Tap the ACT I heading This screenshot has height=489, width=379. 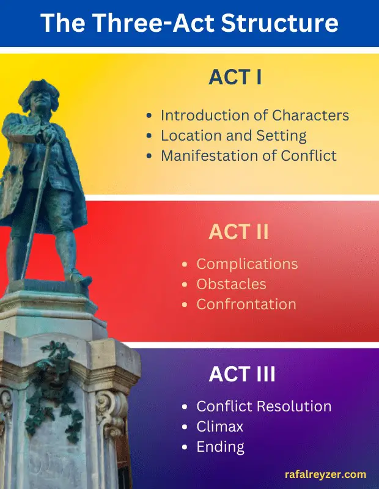point(235,77)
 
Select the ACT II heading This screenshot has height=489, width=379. point(238,232)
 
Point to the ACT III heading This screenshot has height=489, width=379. point(242,374)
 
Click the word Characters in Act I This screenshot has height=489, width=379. point(311,115)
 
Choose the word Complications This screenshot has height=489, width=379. point(247,265)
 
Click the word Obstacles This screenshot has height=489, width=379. point(231,284)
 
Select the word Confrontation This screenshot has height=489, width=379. point(246,304)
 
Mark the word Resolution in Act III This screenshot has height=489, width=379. point(295,406)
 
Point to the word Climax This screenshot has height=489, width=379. point(219,427)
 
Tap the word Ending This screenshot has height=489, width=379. point(220,447)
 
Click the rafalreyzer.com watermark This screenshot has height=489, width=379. point(325,475)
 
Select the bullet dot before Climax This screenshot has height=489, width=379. point(185,427)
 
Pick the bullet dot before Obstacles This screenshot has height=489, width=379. point(185,284)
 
